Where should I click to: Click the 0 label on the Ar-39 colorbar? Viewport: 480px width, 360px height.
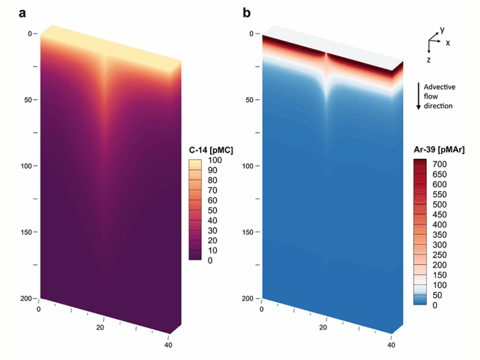click(x=433, y=305)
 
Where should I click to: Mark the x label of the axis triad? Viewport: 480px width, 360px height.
click(x=448, y=43)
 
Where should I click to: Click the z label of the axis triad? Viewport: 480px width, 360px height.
click(x=429, y=61)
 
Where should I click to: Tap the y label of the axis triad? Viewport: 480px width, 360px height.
click(x=442, y=29)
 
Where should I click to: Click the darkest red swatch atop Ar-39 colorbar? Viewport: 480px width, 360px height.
click(x=420, y=162)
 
